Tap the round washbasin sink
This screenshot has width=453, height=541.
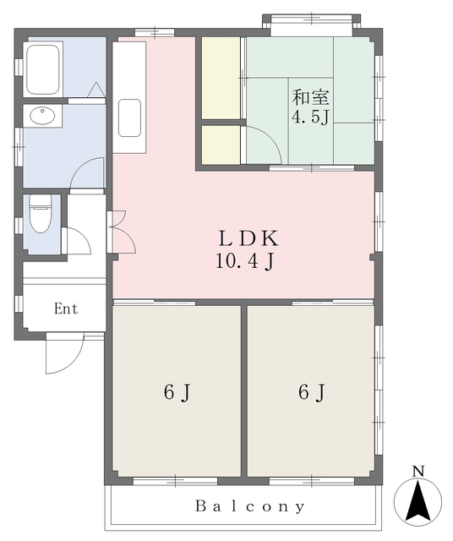click(x=40, y=116)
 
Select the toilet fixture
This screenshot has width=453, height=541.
click(x=40, y=217)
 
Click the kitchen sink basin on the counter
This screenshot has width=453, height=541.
click(x=129, y=117)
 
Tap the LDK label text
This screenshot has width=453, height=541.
click(x=244, y=238)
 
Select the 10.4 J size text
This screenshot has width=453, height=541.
click(x=244, y=262)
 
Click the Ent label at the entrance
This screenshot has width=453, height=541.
click(x=66, y=309)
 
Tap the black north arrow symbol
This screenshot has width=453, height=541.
click(x=418, y=501)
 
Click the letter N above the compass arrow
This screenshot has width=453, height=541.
click(x=418, y=470)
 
